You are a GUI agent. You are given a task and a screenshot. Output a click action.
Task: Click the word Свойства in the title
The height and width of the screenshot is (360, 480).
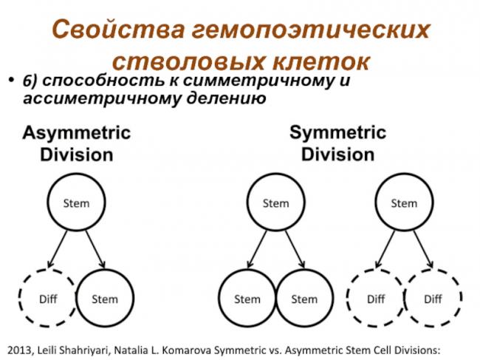(118, 29)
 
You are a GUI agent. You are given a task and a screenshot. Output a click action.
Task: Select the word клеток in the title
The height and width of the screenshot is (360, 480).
(321, 61)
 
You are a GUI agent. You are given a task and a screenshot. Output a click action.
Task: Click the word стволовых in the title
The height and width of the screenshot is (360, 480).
(188, 61)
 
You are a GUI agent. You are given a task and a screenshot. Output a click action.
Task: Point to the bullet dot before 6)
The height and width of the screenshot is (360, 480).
(11, 81)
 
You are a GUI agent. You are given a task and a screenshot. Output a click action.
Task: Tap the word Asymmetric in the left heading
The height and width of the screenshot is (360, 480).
(77, 133)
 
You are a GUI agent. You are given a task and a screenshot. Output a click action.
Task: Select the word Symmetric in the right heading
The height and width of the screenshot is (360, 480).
(337, 132)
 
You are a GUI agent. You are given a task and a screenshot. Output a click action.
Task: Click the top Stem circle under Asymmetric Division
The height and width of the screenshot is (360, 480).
(76, 173)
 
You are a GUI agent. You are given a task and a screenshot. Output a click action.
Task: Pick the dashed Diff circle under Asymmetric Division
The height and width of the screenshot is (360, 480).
(47, 269)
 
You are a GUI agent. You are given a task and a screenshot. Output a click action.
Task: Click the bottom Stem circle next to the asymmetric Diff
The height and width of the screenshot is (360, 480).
(105, 269)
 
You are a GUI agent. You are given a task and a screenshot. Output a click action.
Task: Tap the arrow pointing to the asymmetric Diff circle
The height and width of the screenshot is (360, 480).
(58, 249)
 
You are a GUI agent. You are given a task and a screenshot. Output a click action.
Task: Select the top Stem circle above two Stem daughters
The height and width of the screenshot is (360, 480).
(276, 173)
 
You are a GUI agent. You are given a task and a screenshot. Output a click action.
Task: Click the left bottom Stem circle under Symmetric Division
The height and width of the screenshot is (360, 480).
(247, 269)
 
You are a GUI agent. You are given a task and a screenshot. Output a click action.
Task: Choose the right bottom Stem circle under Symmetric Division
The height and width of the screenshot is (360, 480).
(304, 269)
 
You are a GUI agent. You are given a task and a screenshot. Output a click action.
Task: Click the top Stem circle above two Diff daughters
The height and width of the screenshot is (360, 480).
(404, 173)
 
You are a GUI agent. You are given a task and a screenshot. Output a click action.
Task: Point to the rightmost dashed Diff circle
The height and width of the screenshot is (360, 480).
(433, 269)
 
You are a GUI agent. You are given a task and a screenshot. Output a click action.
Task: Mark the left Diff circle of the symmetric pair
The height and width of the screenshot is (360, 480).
(376, 269)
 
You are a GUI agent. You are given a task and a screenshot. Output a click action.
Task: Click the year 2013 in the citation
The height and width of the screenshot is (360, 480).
(18, 350)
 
